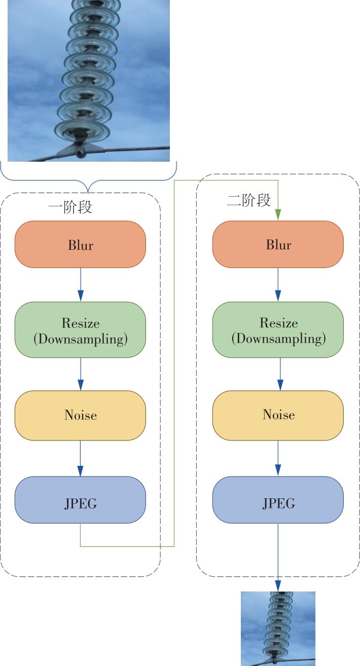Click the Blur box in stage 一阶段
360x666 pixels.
(80, 244)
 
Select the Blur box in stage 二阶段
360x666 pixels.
(278, 244)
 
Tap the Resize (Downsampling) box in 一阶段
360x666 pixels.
(80, 330)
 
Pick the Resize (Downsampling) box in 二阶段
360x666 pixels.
(278, 330)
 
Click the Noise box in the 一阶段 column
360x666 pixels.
(80, 415)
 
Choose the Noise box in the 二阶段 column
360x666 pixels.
(278, 415)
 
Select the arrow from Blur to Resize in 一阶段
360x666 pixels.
(80, 285)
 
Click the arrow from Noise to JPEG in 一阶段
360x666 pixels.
(80, 459)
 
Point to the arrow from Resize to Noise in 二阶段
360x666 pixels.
(278, 374)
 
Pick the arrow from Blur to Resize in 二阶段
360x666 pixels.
(278, 285)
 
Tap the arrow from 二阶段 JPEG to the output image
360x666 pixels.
(278, 558)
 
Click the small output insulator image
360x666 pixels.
(278, 628)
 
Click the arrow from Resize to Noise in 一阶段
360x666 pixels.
(80, 374)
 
